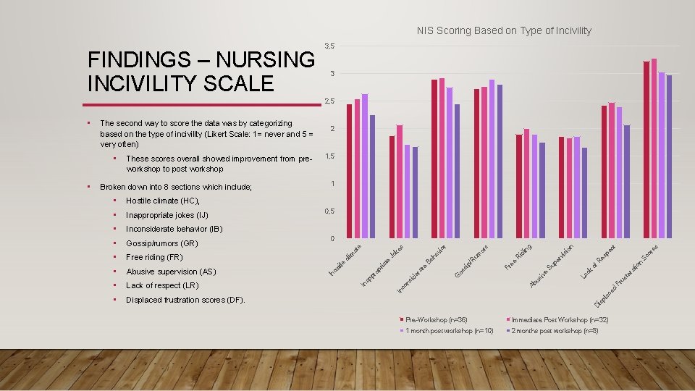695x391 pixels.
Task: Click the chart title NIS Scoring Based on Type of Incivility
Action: click(504, 30)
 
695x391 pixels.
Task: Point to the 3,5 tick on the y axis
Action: click(329, 46)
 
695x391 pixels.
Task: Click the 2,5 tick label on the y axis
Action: click(329, 101)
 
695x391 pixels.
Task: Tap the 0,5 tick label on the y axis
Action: click(329, 211)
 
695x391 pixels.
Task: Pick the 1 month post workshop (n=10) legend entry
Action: click(449, 331)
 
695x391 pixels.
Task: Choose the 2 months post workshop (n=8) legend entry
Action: click(555, 331)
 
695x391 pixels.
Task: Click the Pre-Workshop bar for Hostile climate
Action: click(350, 171)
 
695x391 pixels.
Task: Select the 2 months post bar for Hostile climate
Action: click(373, 176)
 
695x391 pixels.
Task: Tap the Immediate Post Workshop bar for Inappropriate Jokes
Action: click(400, 181)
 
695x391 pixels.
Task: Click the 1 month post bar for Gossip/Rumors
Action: click(492, 159)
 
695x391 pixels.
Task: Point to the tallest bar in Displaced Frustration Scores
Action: click(654, 148)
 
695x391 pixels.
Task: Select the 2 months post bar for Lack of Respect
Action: click(627, 181)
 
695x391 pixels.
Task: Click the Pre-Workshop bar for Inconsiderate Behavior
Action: click(434, 159)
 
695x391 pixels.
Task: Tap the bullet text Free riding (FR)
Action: click(154, 257)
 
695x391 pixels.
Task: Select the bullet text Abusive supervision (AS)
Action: click(171, 272)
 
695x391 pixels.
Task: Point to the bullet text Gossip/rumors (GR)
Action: click(161, 243)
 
